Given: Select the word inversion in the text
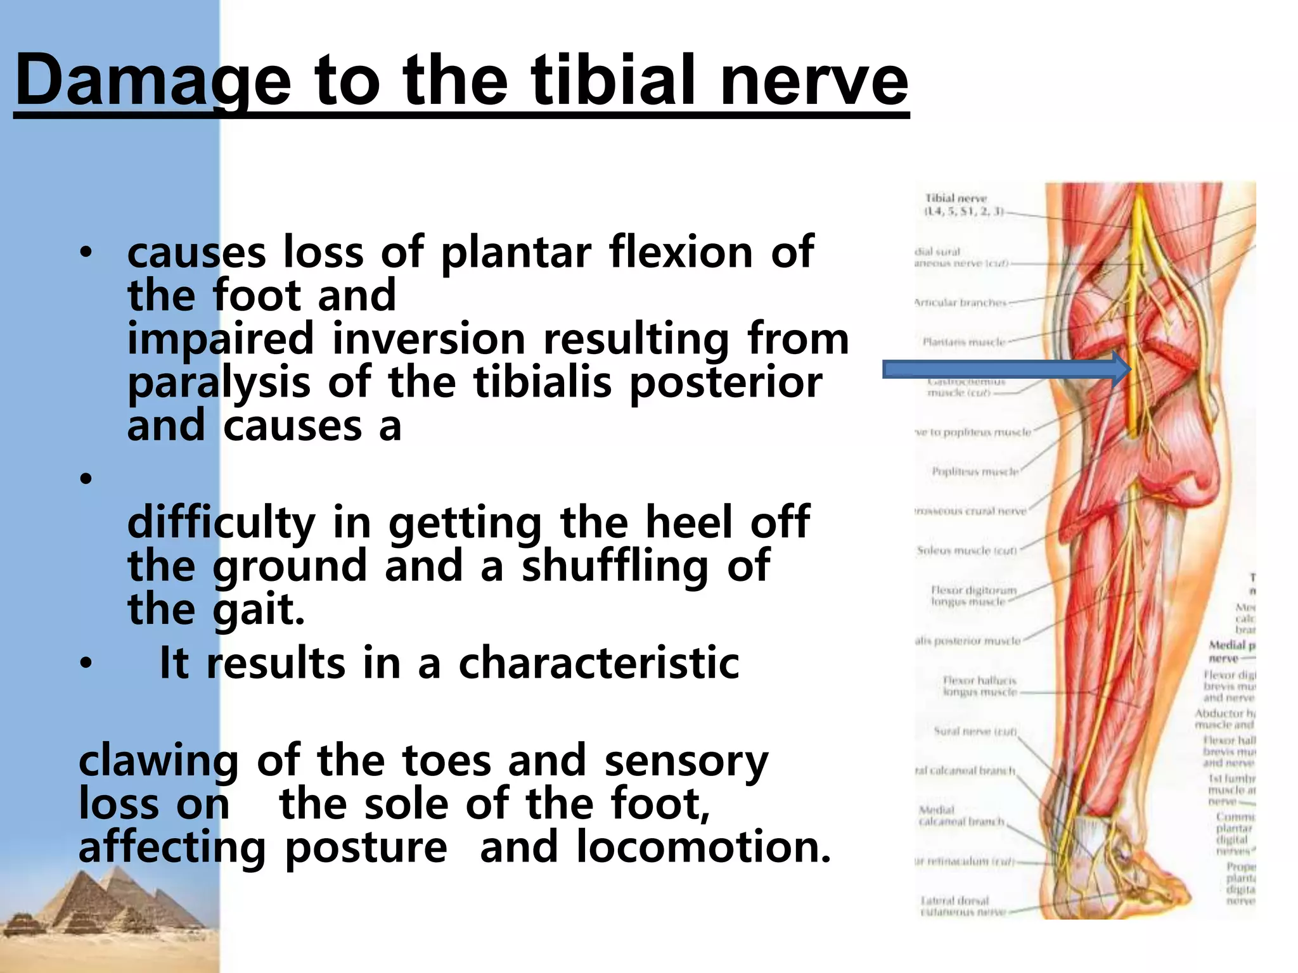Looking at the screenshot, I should [429, 339].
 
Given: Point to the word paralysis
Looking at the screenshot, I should [219, 383].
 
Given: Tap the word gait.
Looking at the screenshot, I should [258, 609].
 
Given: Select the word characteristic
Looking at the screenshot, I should [598, 663].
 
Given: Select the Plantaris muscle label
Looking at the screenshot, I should [963, 342].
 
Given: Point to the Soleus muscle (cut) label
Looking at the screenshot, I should [967, 550].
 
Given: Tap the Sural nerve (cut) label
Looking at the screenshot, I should [975, 731].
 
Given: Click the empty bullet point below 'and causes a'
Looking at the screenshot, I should [86, 478].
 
